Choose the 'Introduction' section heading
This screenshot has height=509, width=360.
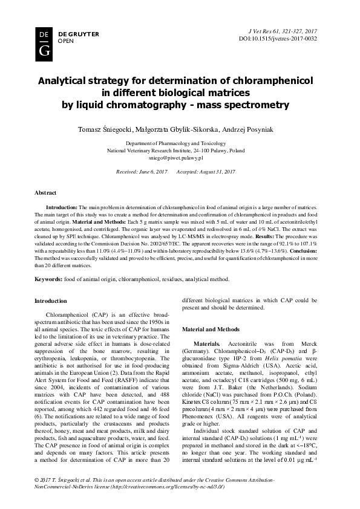point(51,300)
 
